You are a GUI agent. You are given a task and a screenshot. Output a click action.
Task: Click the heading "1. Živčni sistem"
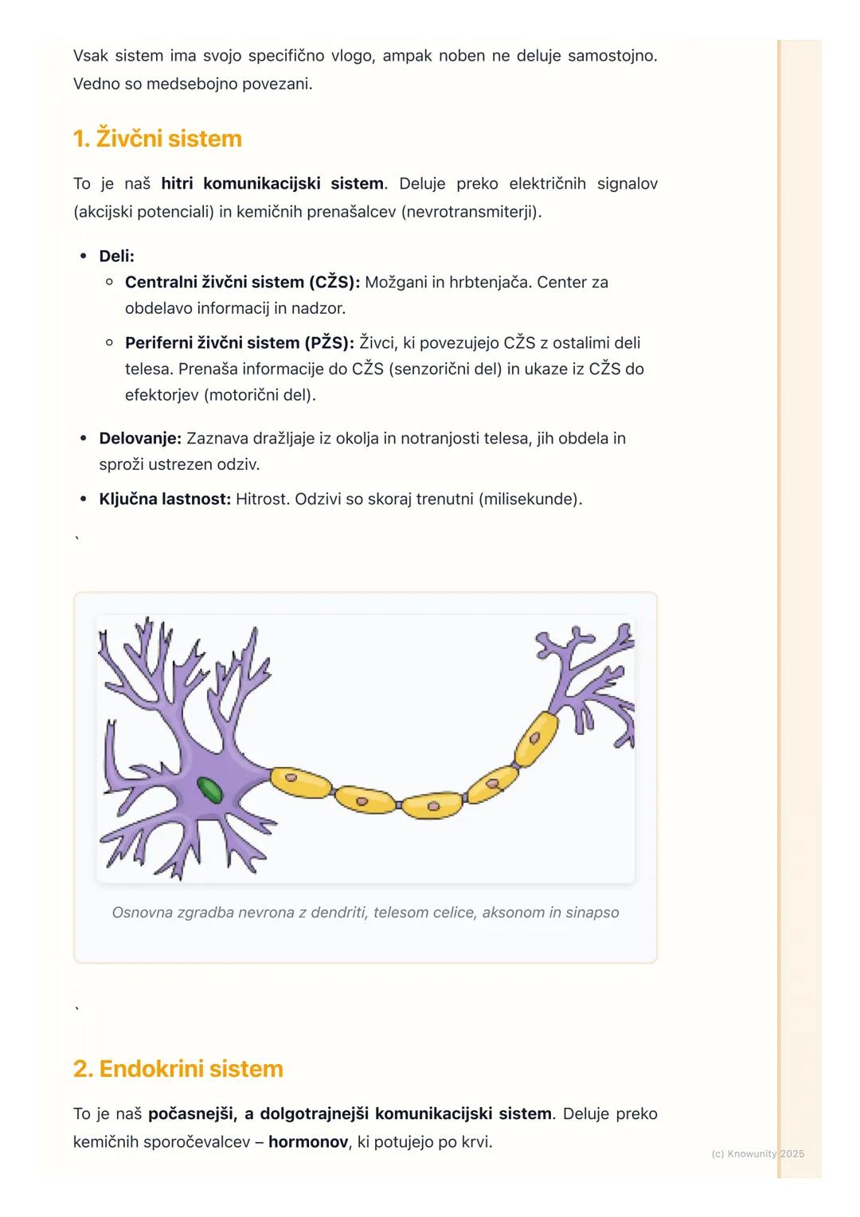pos(157,139)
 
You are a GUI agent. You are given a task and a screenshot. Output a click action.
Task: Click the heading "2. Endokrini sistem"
pos(178,1069)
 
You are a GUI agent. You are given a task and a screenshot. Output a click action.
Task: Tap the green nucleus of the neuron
pos(209,790)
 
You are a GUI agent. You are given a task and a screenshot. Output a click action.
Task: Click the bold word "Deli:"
pos(116,256)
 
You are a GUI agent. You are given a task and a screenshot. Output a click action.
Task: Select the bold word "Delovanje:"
pos(140,438)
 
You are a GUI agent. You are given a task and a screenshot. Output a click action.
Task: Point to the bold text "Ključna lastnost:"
pos(165,499)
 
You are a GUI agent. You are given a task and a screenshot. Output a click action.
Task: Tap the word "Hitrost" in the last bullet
pos(262,499)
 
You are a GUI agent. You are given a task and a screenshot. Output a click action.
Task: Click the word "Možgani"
pos(396,282)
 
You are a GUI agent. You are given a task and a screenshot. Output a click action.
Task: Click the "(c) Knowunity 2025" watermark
pos(757,1153)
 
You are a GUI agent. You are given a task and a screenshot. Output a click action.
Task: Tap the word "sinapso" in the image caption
pos(592,913)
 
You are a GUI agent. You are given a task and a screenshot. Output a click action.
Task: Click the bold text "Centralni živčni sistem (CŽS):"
pos(242,282)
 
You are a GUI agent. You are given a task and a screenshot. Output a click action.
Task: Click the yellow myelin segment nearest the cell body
pos(301,783)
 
